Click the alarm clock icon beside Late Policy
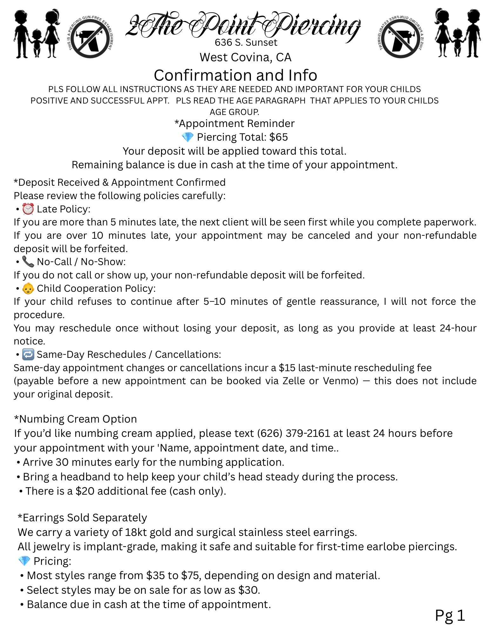[28, 209]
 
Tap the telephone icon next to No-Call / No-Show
[28, 262]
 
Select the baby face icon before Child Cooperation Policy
[28, 288]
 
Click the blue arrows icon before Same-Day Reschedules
[28, 354]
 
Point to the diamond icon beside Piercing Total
[187, 137]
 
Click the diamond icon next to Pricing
[24, 561]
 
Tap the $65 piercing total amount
[279, 137]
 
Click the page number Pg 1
[450, 615]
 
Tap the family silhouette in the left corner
[37, 34]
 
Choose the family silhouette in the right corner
[457, 33]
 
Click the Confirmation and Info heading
[235, 75]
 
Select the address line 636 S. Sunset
[246, 43]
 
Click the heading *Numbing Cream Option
[76, 419]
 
